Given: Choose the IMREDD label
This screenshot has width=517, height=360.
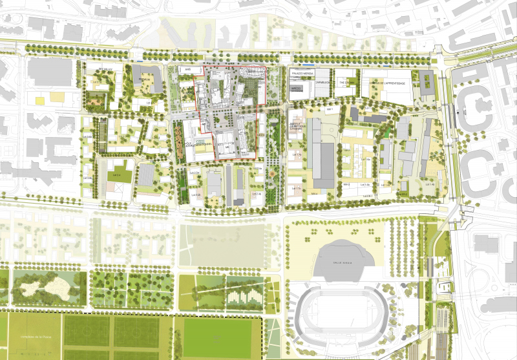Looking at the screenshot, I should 297,90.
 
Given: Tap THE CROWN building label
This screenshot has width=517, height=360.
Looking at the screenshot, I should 350,83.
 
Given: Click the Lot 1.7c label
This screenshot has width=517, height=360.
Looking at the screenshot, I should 296,189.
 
